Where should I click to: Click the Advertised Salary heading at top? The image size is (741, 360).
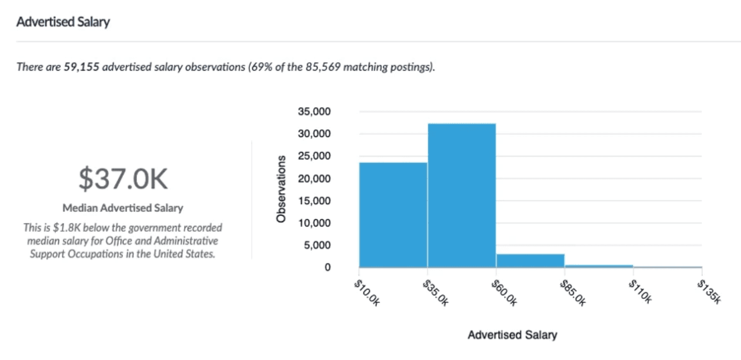click(x=63, y=22)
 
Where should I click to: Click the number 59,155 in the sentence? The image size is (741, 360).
click(x=82, y=67)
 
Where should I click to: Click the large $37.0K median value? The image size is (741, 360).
click(x=123, y=179)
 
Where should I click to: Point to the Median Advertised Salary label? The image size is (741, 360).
click(x=123, y=208)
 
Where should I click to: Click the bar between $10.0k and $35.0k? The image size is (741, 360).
click(x=393, y=215)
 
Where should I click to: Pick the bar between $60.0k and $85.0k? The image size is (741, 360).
click(x=530, y=261)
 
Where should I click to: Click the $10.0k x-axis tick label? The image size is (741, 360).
click(x=368, y=291)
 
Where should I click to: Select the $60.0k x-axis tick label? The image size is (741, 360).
click(x=505, y=292)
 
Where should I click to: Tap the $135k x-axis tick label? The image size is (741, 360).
click(x=709, y=291)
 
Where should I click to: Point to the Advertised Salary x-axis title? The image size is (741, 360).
click(x=512, y=335)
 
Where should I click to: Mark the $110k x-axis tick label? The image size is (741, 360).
click(x=642, y=291)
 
